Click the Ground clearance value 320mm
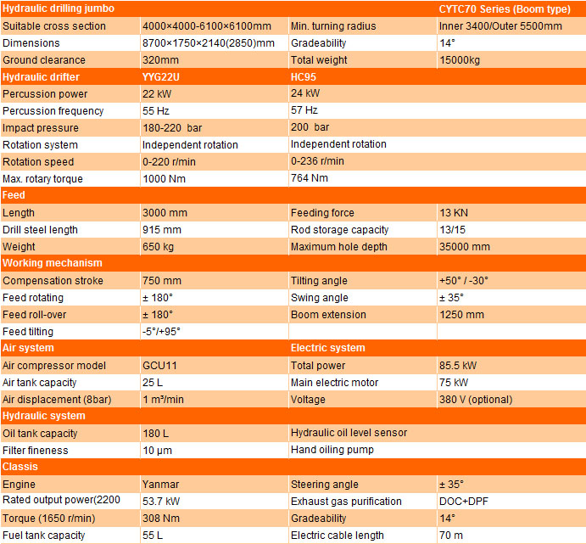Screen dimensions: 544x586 click(x=162, y=59)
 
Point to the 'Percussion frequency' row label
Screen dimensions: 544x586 click(x=53, y=110)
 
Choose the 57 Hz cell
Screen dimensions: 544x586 click(x=304, y=110)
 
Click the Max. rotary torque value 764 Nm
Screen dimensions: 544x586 click(x=310, y=178)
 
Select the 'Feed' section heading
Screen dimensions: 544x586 click(x=14, y=195)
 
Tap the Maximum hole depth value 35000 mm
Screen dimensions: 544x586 click(x=465, y=246)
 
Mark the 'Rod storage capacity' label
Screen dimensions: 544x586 click(x=339, y=229)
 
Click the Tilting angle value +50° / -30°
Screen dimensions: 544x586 click(x=464, y=280)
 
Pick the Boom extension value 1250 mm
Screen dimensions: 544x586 click(x=461, y=314)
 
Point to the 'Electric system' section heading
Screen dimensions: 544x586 click(x=327, y=348)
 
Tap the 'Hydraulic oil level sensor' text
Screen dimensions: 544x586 click(x=349, y=433)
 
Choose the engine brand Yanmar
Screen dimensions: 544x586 click(x=160, y=484)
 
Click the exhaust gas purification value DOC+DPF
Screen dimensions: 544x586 click(x=463, y=501)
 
